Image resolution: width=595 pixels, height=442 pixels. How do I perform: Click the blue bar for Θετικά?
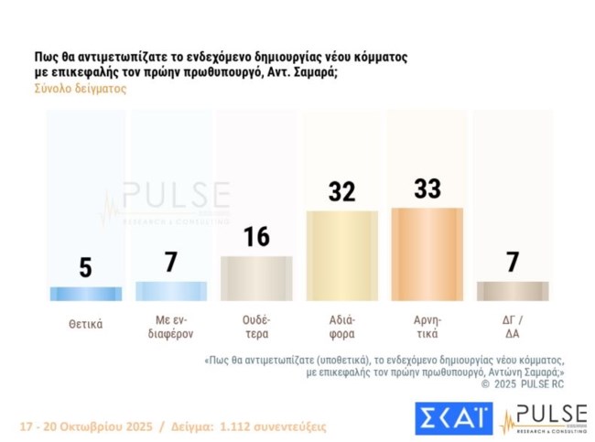point(85,294)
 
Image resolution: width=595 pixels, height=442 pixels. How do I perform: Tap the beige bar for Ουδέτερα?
point(255,278)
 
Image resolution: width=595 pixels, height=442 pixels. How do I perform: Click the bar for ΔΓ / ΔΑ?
point(512,291)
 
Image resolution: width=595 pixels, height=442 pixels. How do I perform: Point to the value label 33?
point(427,189)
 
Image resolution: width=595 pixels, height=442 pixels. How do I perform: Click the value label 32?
point(341,191)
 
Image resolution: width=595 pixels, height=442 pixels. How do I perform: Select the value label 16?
point(256,236)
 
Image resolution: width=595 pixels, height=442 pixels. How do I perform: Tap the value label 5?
point(85,267)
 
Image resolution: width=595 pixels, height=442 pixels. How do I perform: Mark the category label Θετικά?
point(85,323)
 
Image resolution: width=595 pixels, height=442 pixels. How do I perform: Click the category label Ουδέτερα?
point(256,328)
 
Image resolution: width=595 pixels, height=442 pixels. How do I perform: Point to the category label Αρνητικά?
point(427,328)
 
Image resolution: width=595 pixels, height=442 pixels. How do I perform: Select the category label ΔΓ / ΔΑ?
point(512,328)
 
